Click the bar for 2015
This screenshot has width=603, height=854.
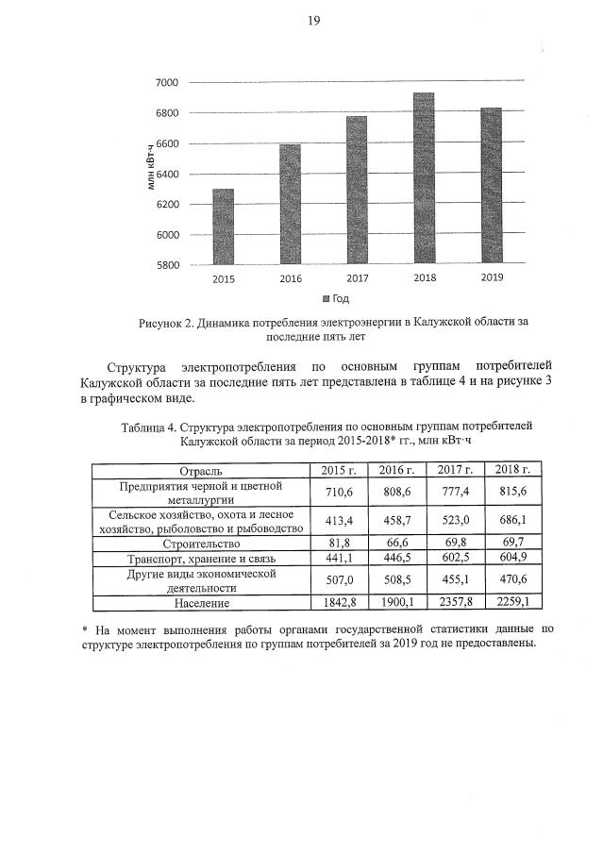pos(224,226)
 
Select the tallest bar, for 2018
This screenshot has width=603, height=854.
pos(424,178)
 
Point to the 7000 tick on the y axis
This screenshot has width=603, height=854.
pos(167,83)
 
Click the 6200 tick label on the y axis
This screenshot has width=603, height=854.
pos(167,204)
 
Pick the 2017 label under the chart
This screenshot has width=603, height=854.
pos(357,278)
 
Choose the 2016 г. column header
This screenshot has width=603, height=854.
pos(397,470)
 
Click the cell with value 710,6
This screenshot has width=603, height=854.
pos(338,492)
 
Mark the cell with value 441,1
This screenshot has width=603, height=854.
pos(338,558)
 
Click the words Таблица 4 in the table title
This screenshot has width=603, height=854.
pos(152,427)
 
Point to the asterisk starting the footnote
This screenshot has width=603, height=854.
pos(86,628)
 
